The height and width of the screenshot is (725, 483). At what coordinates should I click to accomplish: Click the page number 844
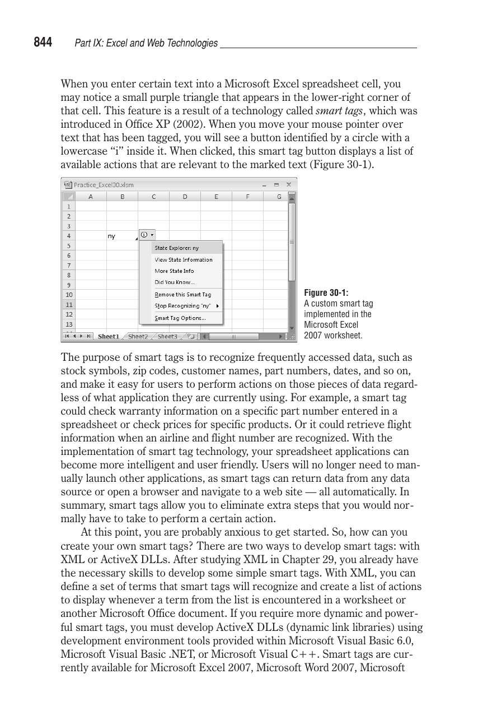(x=43, y=43)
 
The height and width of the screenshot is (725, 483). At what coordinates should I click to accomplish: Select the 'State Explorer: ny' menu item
(x=177, y=248)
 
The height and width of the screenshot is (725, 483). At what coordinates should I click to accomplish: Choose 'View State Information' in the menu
(x=184, y=259)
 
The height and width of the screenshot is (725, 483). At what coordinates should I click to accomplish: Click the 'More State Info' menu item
(x=174, y=271)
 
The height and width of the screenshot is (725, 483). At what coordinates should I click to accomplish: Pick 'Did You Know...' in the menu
(x=175, y=282)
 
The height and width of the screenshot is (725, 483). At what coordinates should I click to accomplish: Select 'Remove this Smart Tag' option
(x=183, y=295)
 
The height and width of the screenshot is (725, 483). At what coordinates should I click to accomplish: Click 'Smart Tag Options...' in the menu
(x=180, y=318)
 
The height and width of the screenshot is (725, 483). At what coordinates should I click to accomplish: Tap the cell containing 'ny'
(x=122, y=236)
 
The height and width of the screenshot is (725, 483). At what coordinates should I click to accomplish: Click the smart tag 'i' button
(x=144, y=235)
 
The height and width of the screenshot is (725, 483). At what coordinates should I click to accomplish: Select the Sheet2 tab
(x=138, y=337)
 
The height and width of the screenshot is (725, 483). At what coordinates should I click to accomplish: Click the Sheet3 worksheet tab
(x=167, y=337)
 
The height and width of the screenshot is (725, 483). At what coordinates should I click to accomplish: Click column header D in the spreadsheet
(x=185, y=197)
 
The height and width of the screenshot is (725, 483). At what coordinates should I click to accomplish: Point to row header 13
(x=68, y=324)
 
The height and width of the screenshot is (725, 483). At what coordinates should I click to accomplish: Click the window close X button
(x=289, y=184)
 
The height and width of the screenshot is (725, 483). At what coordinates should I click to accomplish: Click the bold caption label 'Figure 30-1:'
(x=326, y=293)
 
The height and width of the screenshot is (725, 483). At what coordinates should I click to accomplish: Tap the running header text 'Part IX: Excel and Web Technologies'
(x=146, y=43)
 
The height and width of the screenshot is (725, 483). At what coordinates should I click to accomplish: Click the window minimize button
(x=264, y=184)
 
